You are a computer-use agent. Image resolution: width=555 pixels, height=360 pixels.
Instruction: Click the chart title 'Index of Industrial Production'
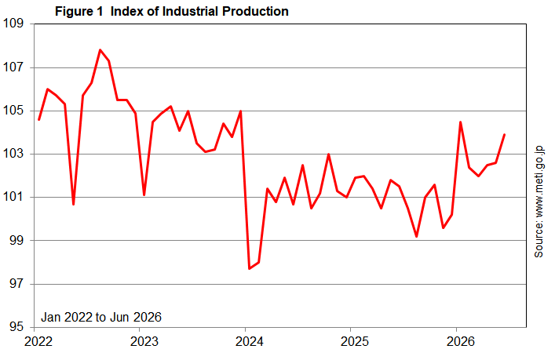[x=199, y=11]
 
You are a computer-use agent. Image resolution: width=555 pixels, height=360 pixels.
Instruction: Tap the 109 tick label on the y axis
[x=13, y=24]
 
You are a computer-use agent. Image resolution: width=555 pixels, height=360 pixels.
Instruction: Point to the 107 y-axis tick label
[x=13, y=67]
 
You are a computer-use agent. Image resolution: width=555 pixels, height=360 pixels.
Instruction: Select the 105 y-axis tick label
[x=13, y=111]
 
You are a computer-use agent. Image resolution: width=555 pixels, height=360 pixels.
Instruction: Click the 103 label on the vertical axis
[x=13, y=154]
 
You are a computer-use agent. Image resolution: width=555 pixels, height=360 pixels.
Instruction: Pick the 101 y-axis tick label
[x=13, y=197]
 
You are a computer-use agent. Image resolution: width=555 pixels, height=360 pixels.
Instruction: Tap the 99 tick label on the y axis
[x=16, y=241]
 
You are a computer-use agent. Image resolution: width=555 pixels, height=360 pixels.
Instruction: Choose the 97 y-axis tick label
[x=16, y=284]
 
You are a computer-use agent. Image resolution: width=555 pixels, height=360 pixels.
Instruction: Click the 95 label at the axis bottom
[x=16, y=327]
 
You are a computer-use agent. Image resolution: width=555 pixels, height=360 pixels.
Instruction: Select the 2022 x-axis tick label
[x=38, y=342]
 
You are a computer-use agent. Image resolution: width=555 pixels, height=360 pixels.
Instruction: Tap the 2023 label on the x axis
[x=144, y=342]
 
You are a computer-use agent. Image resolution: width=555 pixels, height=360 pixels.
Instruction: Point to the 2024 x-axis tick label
[x=250, y=342]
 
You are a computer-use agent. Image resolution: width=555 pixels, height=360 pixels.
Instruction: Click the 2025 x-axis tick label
[x=355, y=342]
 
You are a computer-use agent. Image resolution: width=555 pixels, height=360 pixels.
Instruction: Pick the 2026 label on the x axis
[x=461, y=342]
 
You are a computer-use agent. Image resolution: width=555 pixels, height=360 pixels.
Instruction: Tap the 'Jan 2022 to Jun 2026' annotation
[x=101, y=317]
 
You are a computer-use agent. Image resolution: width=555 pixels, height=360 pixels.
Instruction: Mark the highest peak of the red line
[x=100, y=50]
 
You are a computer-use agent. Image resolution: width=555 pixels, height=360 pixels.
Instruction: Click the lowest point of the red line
[x=250, y=269]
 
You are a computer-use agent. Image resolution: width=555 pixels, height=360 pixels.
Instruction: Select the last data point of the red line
[x=505, y=135]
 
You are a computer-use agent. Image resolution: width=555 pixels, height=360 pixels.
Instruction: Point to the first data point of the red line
[x=38, y=120]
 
